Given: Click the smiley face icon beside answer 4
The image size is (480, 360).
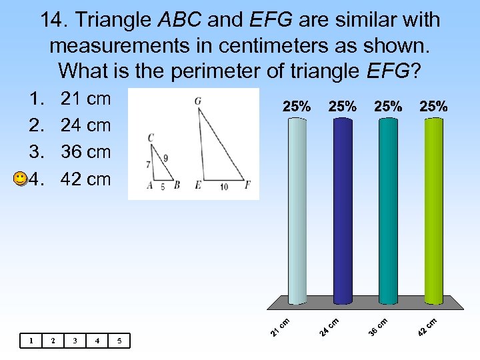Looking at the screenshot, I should (21, 179).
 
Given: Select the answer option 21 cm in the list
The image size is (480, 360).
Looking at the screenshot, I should (85, 99).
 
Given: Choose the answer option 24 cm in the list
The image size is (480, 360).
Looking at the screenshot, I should (85, 125).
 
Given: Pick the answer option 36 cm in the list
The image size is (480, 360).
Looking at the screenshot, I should (85, 152).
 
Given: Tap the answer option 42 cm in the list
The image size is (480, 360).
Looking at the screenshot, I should (85, 179).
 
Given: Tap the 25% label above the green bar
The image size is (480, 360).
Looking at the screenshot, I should (433, 106).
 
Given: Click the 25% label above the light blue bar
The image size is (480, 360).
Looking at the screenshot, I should (297, 106).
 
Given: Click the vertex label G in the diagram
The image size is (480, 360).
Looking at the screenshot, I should (198, 101).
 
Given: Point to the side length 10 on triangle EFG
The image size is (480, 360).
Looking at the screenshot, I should (223, 187).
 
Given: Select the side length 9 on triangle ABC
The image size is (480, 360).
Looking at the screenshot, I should (165, 158).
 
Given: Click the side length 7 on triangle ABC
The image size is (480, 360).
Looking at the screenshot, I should (147, 164).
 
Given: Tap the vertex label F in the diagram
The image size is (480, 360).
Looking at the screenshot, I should (247, 185).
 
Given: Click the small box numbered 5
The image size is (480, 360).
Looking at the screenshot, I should (119, 341).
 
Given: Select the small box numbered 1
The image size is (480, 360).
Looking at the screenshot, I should (31, 341).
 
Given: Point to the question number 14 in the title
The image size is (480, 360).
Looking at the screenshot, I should (53, 20).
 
